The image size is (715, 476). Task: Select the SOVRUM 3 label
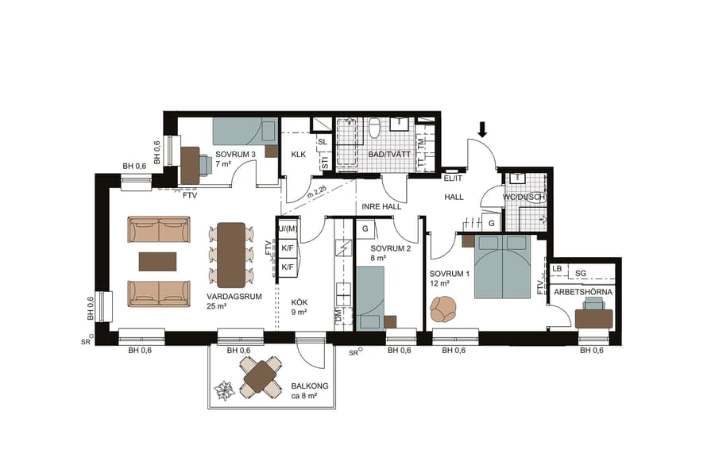point(236,155)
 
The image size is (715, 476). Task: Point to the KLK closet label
point(298,155)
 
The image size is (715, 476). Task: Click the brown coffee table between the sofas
point(157,261)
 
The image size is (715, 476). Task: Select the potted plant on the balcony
point(223,390)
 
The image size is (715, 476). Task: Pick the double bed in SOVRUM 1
point(502,266)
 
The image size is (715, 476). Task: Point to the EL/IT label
point(453,178)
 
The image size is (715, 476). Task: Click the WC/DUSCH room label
point(524,196)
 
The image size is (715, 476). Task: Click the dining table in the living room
point(232,254)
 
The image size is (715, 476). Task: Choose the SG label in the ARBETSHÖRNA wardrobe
point(581,273)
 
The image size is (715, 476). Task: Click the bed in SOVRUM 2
point(370,297)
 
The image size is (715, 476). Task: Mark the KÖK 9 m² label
point(299,307)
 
